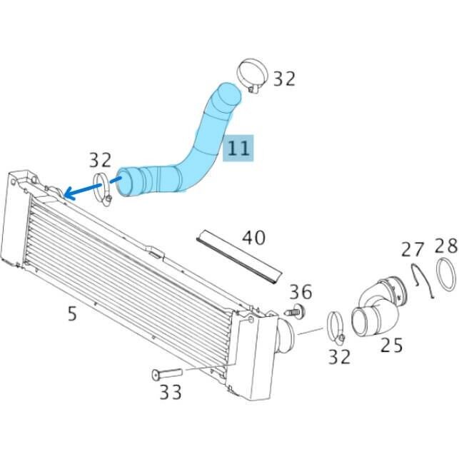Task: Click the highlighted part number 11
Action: (x=238, y=148)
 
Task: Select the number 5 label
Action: (x=71, y=313)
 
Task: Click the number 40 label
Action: (x=253, y=237)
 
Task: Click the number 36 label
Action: (x=301, y=291)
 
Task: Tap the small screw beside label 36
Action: (x=295, y=311)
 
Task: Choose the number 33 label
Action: (x=169, y=391)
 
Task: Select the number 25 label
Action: (x=391, y=345)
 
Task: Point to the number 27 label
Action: (x=412, y=249)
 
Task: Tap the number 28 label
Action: (x=445, y=246)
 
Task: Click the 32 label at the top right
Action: (x=283, y=78)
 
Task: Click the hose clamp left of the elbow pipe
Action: (x=338, y=325)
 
